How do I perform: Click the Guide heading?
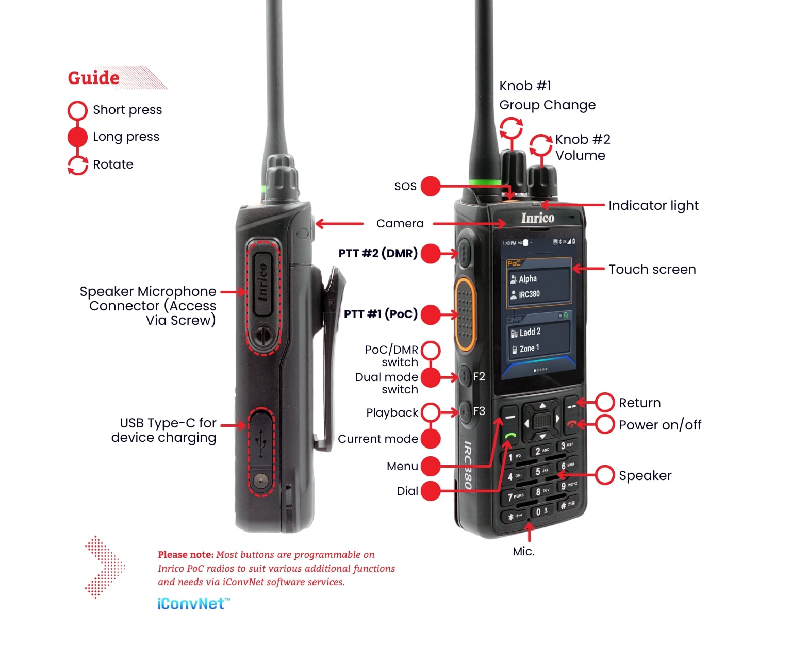pos(94,78)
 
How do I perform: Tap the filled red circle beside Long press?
pos(77,137)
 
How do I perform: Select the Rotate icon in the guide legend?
pos(78,165)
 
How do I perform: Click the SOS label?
pos(405,186)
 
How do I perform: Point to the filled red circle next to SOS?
pos(431,186)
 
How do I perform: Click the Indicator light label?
pos(653,205)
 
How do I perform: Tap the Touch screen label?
pos(652,269)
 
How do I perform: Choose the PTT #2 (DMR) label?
pos(378,253)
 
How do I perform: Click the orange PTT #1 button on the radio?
pos(464,314)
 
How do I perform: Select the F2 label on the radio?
pos(479,376)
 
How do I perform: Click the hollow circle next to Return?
pos(605,403)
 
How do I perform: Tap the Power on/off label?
pos(660,425)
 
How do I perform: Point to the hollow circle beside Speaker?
pos(605,475)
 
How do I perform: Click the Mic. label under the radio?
pos(523,551)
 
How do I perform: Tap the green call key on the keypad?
pos(510,436)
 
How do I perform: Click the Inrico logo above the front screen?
pos(537,218)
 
